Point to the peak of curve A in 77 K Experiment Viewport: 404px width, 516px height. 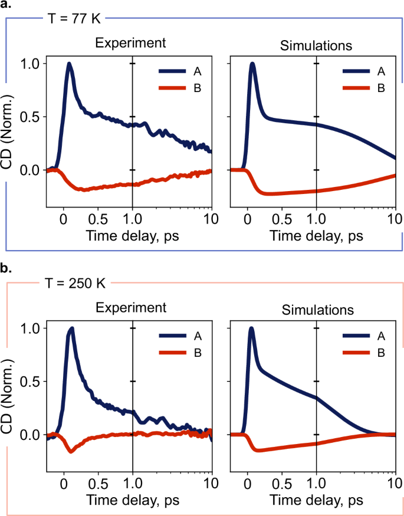tap(70, 64)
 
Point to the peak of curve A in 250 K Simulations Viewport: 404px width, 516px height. tap(252, 328)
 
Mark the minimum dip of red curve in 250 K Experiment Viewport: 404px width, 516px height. tap(71, 451)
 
